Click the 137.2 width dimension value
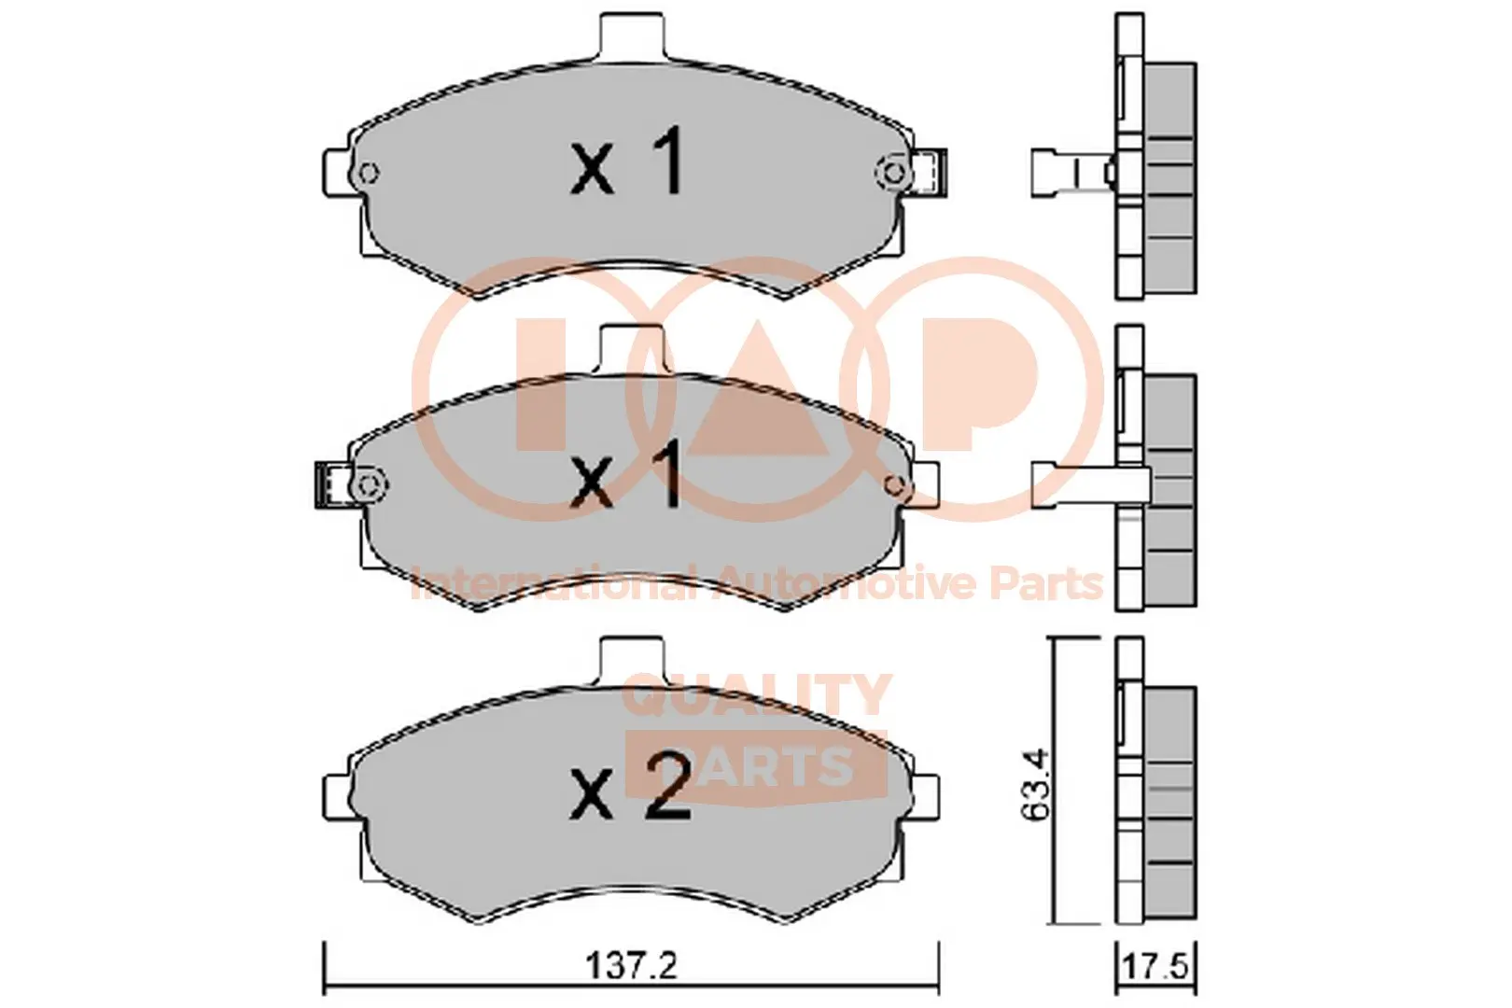point(631,966)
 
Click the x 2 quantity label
point(631,787)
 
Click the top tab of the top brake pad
point(633,37)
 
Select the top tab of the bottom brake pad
point(633,661)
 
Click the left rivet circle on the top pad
point(368,174)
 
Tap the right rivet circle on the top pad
point(894,174)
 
